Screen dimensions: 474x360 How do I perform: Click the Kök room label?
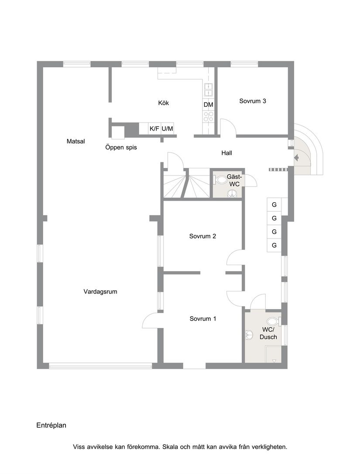click(x=163, y=103)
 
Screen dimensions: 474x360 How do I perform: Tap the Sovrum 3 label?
click(x=253, y=101)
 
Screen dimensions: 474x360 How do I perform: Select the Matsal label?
click(x=75, y=141)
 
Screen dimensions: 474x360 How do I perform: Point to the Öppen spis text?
click(x=121, y=147)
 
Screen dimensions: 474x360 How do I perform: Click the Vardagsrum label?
click(x=100, y=292)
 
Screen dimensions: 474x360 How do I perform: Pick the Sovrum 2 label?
click(x=202, y=236)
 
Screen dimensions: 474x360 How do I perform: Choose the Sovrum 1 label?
click(x=203, y=319)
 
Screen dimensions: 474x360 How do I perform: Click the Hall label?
click(x=226, y=153)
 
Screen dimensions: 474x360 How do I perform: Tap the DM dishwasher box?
click(x=208, y=105)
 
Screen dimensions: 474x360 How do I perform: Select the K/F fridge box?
click(x=154, y=129)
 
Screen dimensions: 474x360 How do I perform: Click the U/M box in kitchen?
click(x=168, y=129)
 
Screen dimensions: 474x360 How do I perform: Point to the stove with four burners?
click(x=209, y=116)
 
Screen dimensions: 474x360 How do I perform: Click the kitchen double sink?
click(x=209, y=89)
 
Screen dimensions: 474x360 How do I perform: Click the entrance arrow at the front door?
click(x=298, y=157)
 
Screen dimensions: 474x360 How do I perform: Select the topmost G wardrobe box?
click(x=274, y=205)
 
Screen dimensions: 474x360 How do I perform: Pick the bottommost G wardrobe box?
click(x=274, y=246)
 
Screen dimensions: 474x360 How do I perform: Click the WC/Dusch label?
click(x=268, y=333)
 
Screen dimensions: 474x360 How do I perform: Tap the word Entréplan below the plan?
click(x=51, y=425)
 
